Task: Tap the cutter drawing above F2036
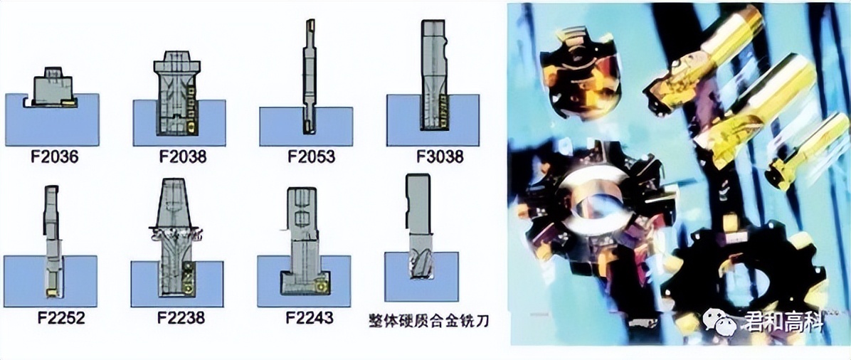[x=51, y=88]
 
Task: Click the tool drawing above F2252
[x=51, y=242]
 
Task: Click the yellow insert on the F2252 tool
[x=53, y=293]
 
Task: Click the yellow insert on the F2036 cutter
[x=68, y=104]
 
